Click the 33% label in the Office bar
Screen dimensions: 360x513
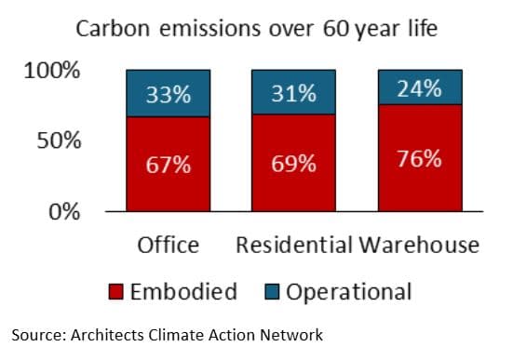click(169, 94)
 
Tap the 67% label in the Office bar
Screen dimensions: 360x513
click(169, 165)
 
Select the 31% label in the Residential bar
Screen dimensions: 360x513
click(293, 94)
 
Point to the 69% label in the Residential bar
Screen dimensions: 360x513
click(293, 164)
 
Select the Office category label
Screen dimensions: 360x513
click(169, 246)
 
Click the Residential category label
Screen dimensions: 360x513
click(294, 246)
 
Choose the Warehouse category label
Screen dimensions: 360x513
click(420, 246)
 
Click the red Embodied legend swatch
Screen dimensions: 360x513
click(116, 292)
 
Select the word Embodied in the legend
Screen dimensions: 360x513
click(182, 292)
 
